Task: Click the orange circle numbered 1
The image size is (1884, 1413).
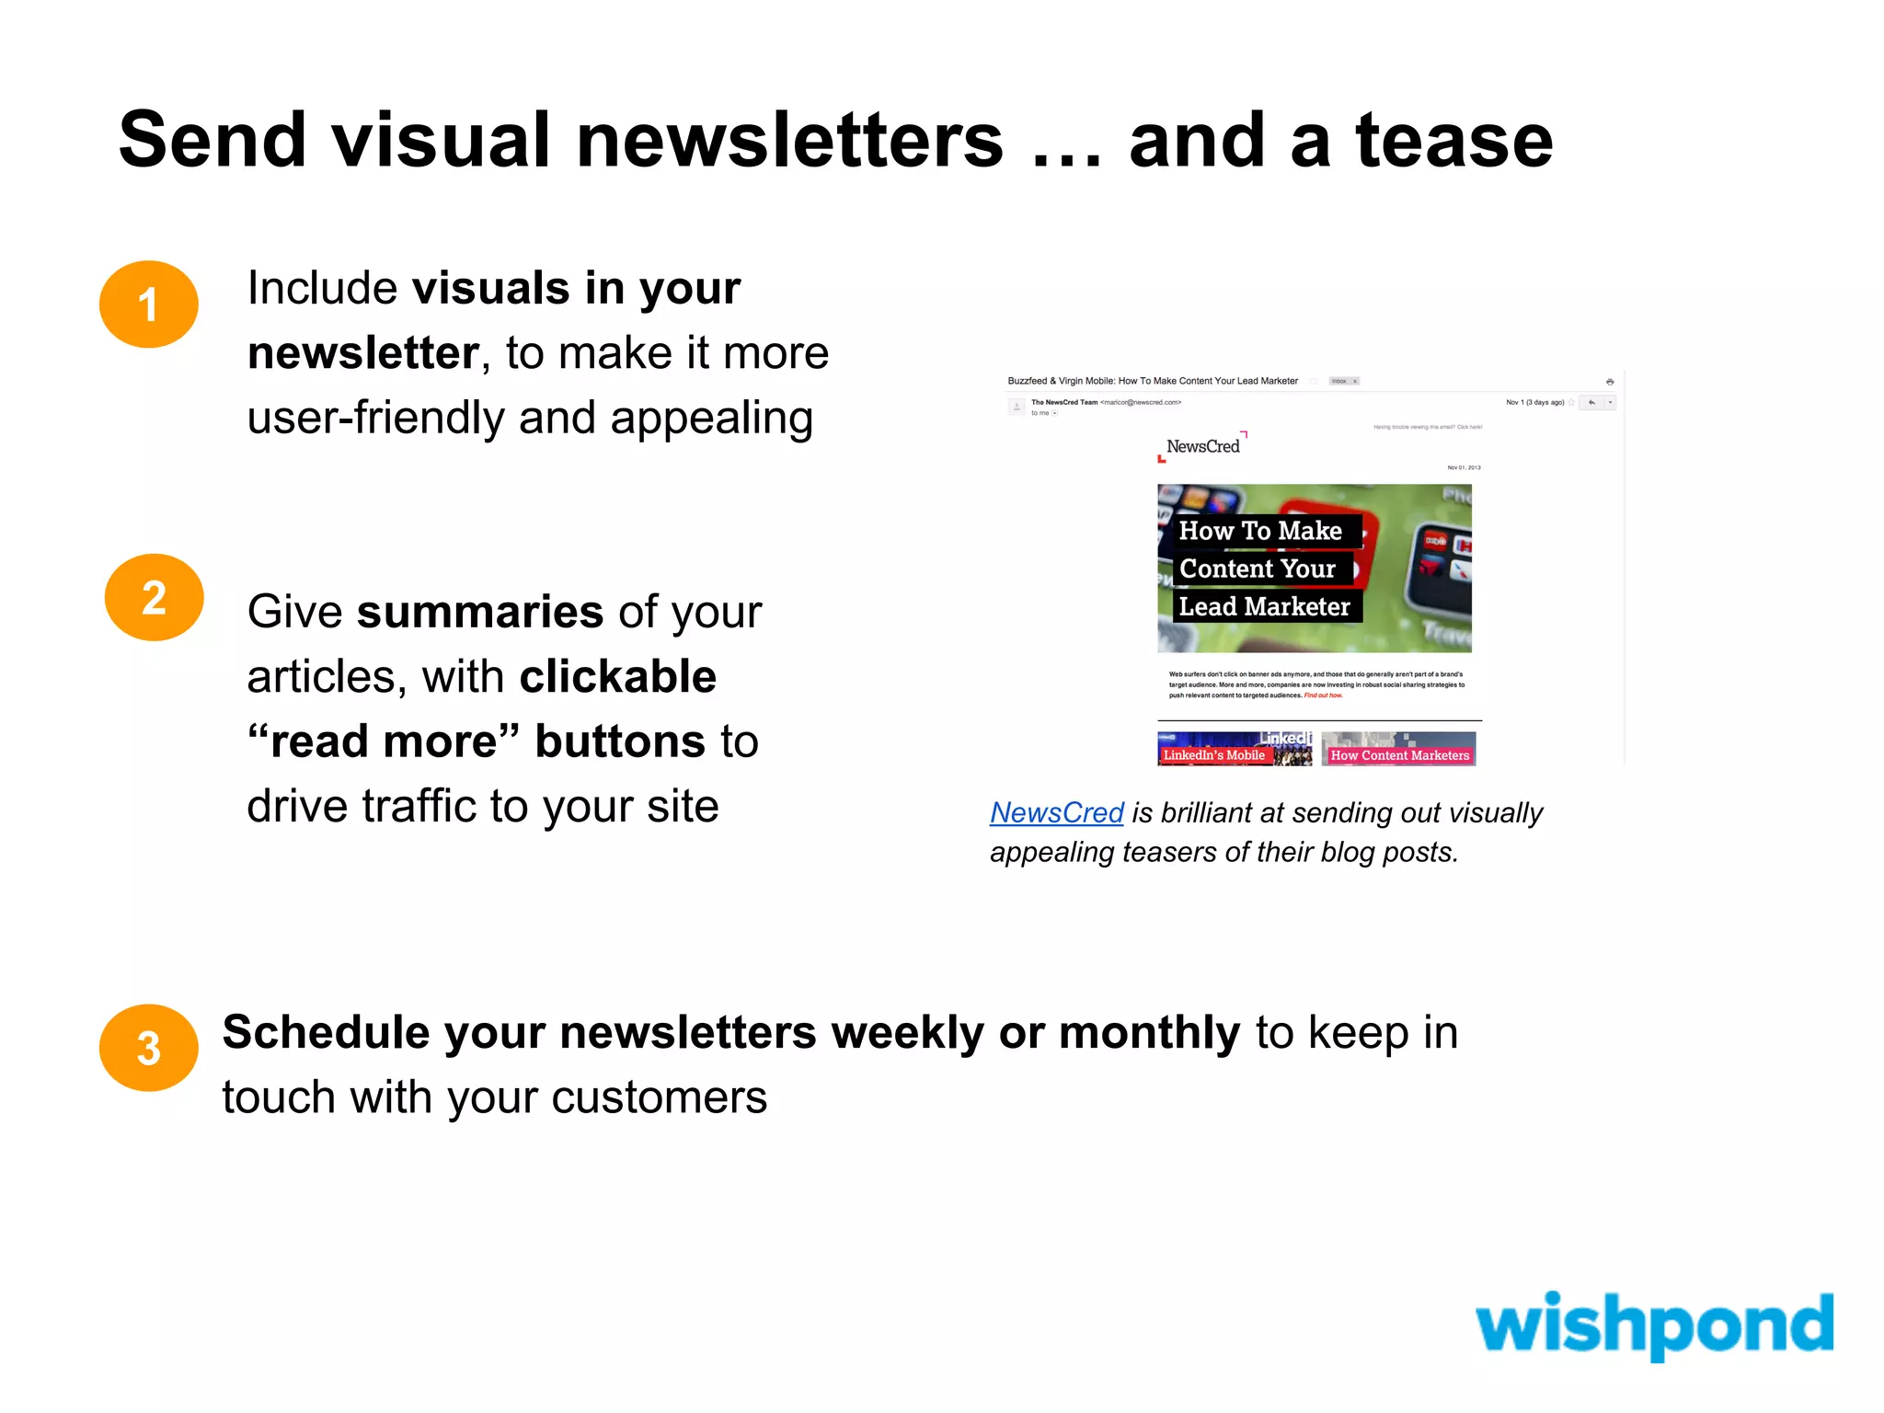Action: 148,304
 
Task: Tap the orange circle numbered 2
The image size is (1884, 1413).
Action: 154,598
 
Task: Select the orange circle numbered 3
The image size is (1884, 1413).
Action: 148,1048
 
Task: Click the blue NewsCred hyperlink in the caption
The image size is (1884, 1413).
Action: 1056,813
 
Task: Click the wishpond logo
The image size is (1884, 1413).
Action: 1653,1325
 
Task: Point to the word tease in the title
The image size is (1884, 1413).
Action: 1454,141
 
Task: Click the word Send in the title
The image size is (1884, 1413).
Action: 213,141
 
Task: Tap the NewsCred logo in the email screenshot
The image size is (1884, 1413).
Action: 1202,447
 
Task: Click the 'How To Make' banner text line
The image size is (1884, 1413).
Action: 1259,531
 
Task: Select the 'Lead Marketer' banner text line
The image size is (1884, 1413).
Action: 1264,607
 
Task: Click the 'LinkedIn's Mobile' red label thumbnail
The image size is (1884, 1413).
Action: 1213,755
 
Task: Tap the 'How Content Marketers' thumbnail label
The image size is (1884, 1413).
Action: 1399,755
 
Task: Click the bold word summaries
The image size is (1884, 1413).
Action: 480,613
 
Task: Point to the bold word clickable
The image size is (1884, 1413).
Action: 617,678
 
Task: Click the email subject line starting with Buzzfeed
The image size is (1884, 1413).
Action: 1153,381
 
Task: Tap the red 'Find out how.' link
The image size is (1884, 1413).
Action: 1323,695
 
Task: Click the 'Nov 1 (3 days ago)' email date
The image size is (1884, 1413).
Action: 1534,402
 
